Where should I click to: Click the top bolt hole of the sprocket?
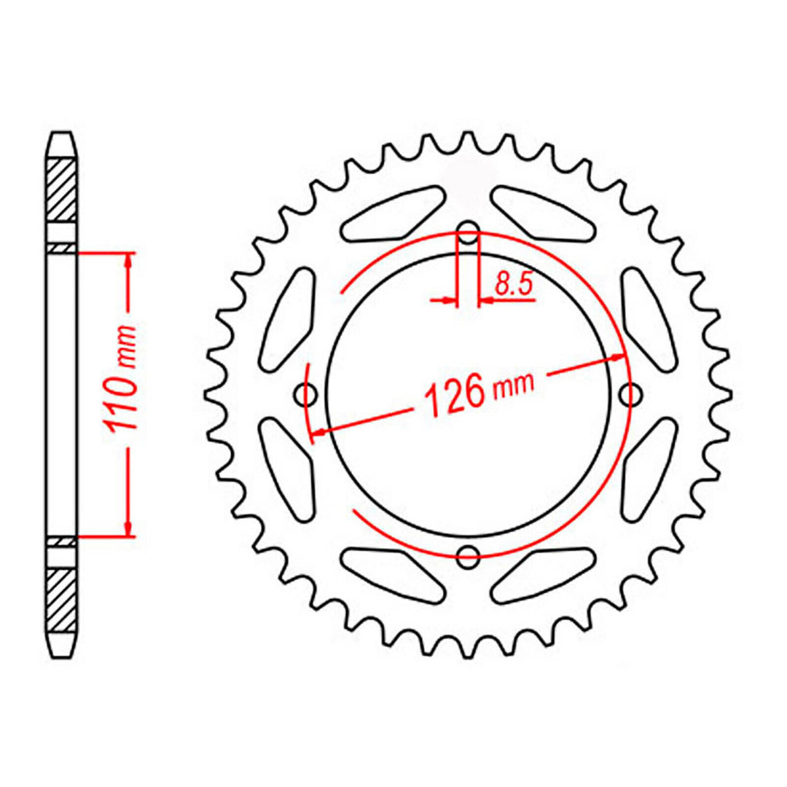point(469,235)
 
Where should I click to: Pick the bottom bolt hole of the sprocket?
point(469,557)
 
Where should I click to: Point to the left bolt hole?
point(307,396)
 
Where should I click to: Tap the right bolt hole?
point(630,396)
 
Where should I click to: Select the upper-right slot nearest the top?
point(542,213)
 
